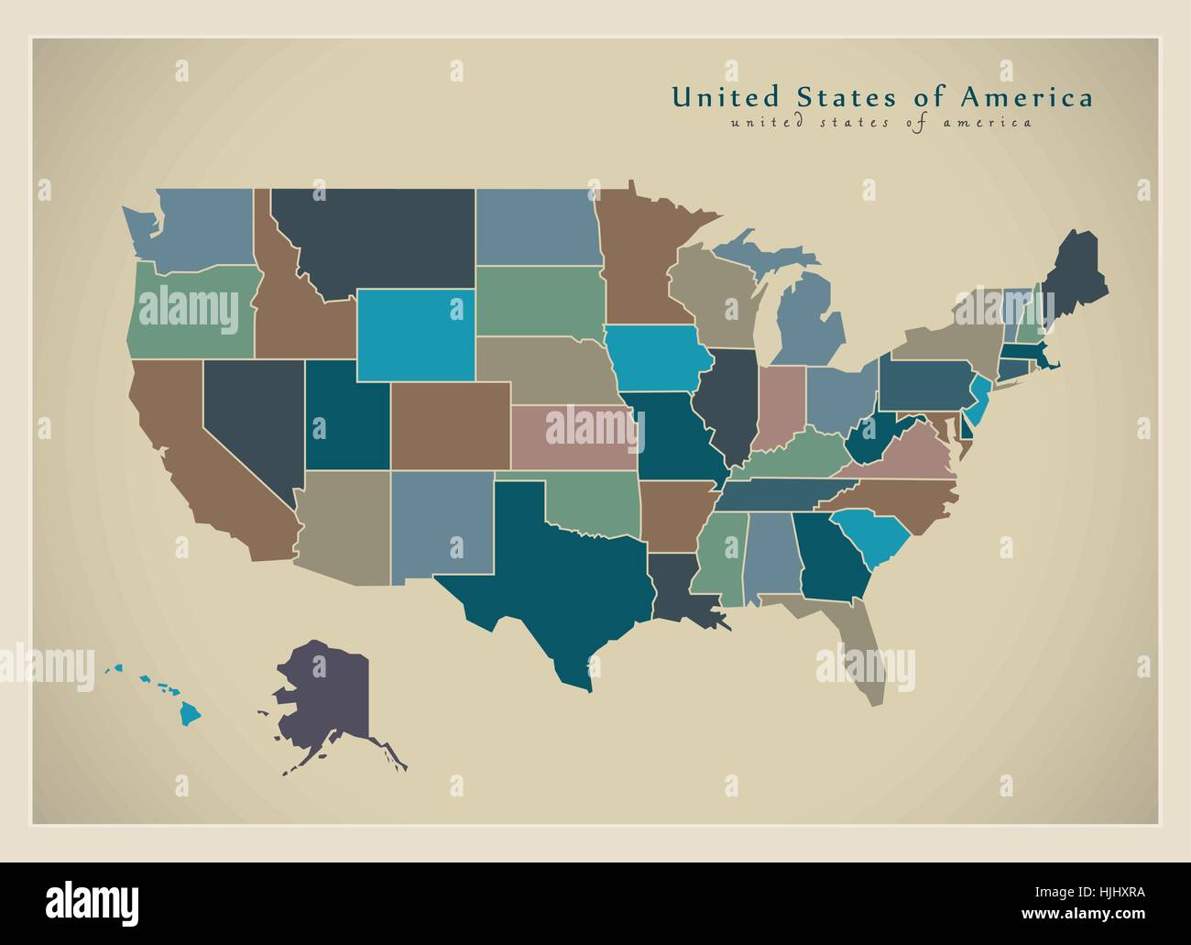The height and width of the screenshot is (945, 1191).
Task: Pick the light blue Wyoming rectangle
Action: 415,335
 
